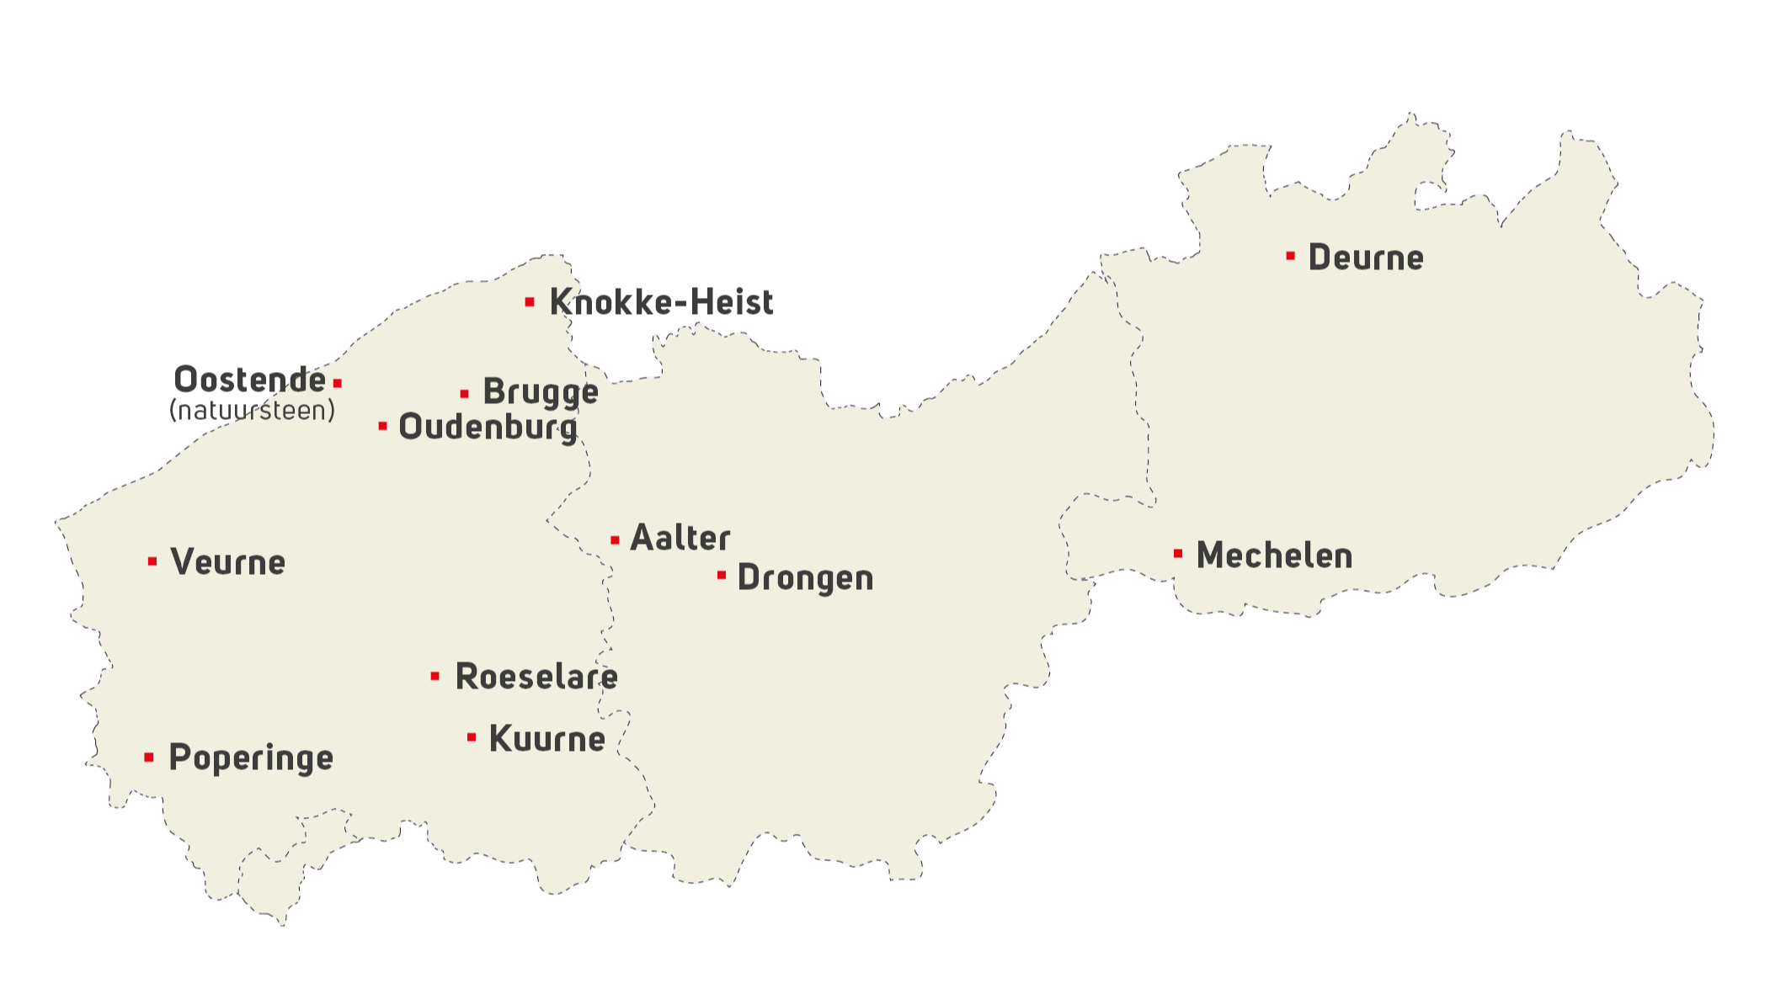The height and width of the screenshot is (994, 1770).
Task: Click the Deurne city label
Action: pyautogui.click(x=1365, y=258)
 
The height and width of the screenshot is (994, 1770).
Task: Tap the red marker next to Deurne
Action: pyautogui.click(x=1290, y=256)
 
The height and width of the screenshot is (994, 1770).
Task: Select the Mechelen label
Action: pyautogui.click(x=1274, y=555)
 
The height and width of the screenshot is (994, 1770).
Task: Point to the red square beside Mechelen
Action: pyautogui.click(x=1178, y=554)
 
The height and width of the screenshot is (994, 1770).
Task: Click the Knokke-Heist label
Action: pyautogui.click(x=661, y=302)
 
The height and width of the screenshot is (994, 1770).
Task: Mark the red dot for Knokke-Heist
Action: pyautogui.click(x=530, y=301)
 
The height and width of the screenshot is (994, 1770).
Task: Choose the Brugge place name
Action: pyautogui.click(x=541, y=392)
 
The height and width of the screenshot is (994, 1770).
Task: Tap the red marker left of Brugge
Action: pyautogui.click(x=464, y=394)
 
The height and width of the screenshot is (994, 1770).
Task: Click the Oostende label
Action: pyautogui.click(x=249, y=380)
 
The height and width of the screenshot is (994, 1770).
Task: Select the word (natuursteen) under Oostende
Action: pyautogui.click(x=252, y=411)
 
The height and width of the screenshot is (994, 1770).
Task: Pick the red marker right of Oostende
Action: pyautogui.click(x=338, y=383)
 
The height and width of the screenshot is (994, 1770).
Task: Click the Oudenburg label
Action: pyautogui.click(x=488, y=428)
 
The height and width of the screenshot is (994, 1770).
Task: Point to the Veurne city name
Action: pyautogui.click(x=227, y=562)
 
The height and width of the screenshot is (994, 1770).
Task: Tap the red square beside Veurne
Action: pyautogui.click(x=152, y=561)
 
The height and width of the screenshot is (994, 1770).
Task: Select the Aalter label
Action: pyautogui.click(x=680, y=538)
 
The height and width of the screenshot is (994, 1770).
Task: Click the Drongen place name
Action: pyautogui.click(x=805, y=578)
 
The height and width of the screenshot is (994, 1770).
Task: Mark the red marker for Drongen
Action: pyautogui.click(x=722, y=575)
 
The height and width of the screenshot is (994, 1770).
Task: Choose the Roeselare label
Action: pyautogui.click(x=536, y=677)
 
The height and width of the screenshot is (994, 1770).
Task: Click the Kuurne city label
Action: pyautogui.click(x=546, y=739)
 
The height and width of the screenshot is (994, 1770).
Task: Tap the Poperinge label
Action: pyautogui.click(x=251, y=758)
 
